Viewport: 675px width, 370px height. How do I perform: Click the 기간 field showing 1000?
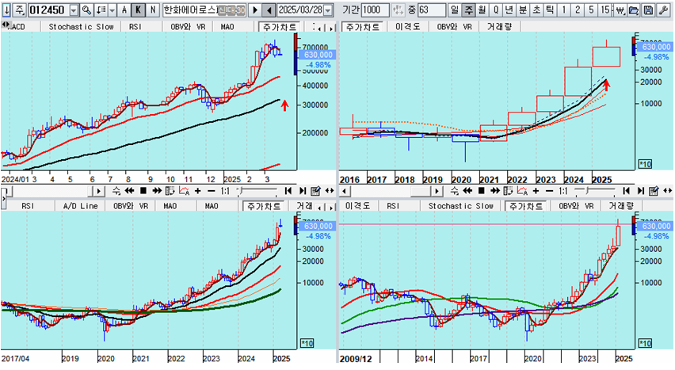[x=375, y=10]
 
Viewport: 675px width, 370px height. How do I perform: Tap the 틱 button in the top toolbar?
[x=550, y=10]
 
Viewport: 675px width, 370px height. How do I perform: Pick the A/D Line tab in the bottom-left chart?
[x=81, y=206]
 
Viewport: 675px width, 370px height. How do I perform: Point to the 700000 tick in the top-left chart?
[x=315, y=48]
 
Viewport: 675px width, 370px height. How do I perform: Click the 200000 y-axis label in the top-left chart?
[x=315, y=132]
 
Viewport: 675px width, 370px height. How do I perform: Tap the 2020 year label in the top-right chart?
[x=461, y=180]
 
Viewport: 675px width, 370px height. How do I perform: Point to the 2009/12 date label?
[x=355, y=358]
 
